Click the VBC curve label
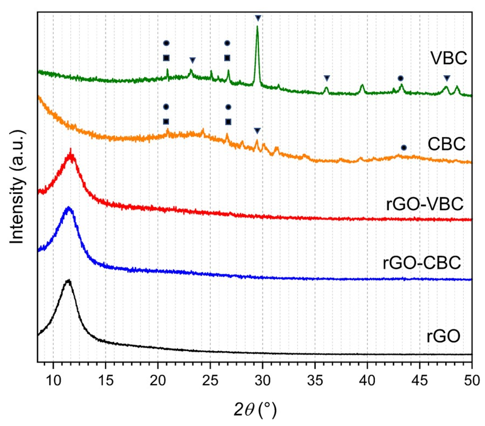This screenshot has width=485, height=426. click(448, 58)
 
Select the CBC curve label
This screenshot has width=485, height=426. click(446, 144)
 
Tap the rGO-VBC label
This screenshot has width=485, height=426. click(424, 204)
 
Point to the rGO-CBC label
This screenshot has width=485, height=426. click(422, 262)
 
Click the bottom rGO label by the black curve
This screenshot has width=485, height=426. click(443, 336)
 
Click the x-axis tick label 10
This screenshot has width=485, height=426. click(53, 381)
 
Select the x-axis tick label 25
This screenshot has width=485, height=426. click(210, 381)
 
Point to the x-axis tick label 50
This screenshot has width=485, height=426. click(472, 381)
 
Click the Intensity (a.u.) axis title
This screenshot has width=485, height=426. click(17, 187)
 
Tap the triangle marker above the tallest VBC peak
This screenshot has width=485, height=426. click(258, 18)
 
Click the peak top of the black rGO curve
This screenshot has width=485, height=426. click(69, 281)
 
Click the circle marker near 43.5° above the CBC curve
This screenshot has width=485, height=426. click(404, 148)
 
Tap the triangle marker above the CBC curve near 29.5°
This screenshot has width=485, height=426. click(257, 131)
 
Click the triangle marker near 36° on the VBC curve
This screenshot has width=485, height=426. click(326, 78)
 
